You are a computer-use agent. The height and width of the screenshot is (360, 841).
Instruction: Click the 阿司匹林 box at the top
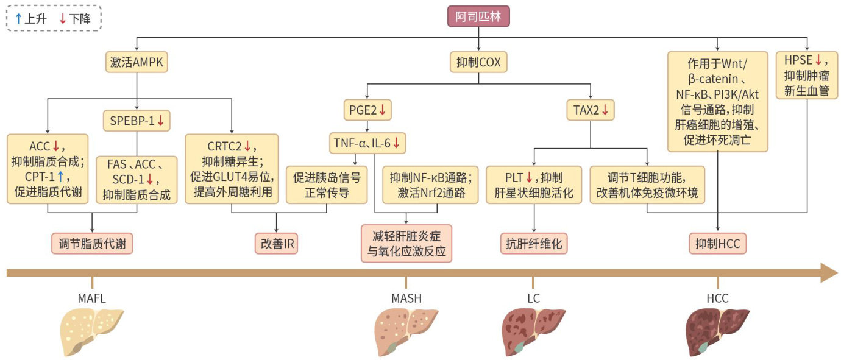(478, 16)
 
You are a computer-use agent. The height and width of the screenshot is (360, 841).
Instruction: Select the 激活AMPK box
(137, 62)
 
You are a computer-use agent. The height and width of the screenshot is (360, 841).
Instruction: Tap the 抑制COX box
(478, 62)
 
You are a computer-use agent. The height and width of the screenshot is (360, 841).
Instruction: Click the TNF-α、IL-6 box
(368, 144)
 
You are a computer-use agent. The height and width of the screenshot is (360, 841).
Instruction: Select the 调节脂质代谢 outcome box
(92, 243)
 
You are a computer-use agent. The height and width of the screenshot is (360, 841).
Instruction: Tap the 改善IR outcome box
(279, 243)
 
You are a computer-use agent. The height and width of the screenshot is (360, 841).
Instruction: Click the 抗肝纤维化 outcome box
(534, 243)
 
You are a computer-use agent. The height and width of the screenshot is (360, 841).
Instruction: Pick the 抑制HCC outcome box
(718, 243)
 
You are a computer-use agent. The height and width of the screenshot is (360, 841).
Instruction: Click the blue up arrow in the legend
(18, 19)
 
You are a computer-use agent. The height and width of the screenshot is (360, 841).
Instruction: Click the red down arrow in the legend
(62, 19)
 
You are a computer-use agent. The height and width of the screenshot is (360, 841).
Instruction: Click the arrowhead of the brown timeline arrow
(829, 272)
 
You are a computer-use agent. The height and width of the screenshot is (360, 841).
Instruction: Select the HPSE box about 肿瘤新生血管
(806, 75)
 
